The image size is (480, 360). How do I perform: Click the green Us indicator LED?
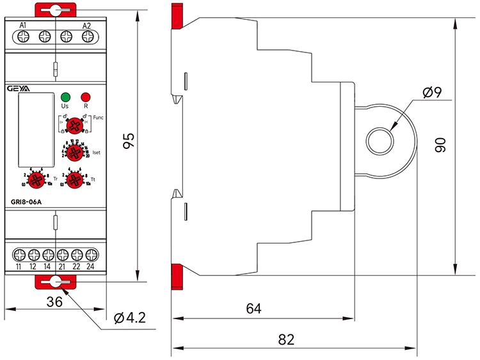[65, 97]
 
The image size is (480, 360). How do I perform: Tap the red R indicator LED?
[84, 97]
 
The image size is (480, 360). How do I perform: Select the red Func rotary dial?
[76, 125]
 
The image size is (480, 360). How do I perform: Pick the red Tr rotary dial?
[36, 179]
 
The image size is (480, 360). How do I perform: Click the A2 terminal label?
[87, 25]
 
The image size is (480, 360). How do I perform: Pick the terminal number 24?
[91, 266]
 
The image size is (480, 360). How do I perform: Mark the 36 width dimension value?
[55, 302]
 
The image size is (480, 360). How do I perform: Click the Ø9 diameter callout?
[433, 93]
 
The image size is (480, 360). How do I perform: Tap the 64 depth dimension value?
[254, 308]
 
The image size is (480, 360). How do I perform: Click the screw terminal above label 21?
[62, 252]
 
